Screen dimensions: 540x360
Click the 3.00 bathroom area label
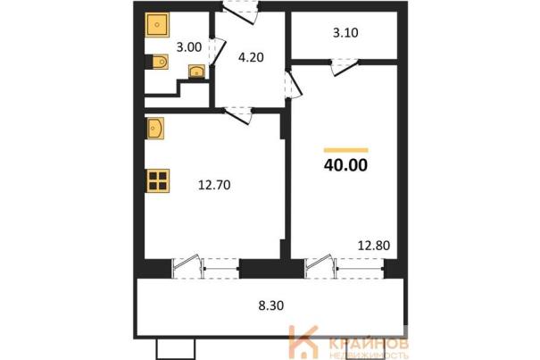(188, 46)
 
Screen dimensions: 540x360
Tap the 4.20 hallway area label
(251, 57)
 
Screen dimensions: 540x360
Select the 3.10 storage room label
(345, 33)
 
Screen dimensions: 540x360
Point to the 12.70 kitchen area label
(214, 185)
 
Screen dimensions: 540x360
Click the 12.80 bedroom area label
(374, 246)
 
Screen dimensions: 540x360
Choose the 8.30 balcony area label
(271, 306)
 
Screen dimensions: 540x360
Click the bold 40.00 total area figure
(345, 165)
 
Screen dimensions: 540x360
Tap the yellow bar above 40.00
(345, 150)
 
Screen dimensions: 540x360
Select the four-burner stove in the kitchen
(158, 180)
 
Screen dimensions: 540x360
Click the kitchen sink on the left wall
(155, 129)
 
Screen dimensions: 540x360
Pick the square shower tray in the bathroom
(157, 25)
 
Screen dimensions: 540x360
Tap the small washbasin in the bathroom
(196, 71)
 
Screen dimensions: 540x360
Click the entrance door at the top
(241, 13)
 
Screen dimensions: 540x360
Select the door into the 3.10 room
(345, 67)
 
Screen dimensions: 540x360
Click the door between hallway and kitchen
(238, 115)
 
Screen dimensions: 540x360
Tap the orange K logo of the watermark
(303, 342)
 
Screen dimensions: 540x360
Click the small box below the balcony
(176, 349)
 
